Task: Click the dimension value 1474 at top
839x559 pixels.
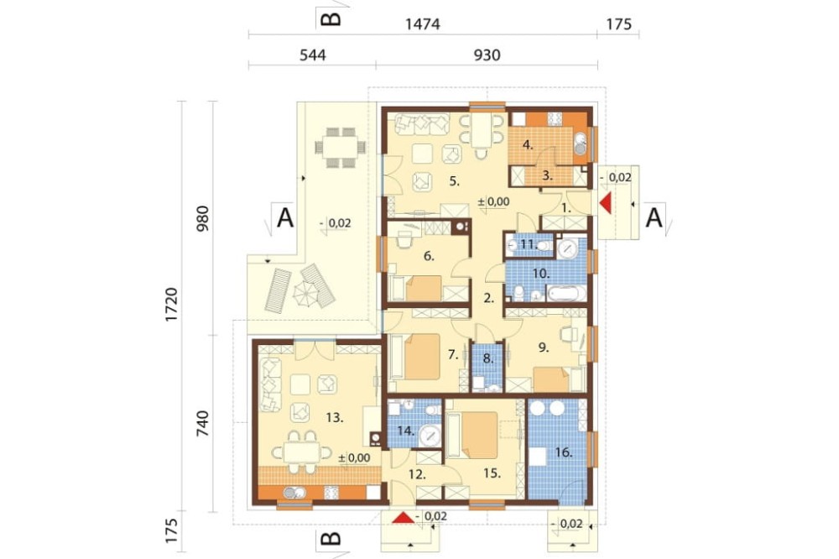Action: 423,24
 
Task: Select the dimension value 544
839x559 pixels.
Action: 312,55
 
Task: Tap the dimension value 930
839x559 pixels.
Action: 487,55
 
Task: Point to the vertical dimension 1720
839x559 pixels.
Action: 171,305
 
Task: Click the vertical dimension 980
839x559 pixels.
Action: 202,219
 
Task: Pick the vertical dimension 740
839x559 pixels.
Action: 202,422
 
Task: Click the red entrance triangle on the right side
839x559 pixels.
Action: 606,204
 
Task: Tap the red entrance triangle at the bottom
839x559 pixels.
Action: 404,517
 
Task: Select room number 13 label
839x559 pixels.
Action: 335,418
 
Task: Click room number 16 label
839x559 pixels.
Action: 564,452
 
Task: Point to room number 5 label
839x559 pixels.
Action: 454,181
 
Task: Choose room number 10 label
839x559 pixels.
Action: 541,274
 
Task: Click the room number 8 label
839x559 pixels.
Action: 488,358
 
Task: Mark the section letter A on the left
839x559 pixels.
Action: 285,218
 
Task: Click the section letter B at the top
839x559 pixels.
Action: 330,19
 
